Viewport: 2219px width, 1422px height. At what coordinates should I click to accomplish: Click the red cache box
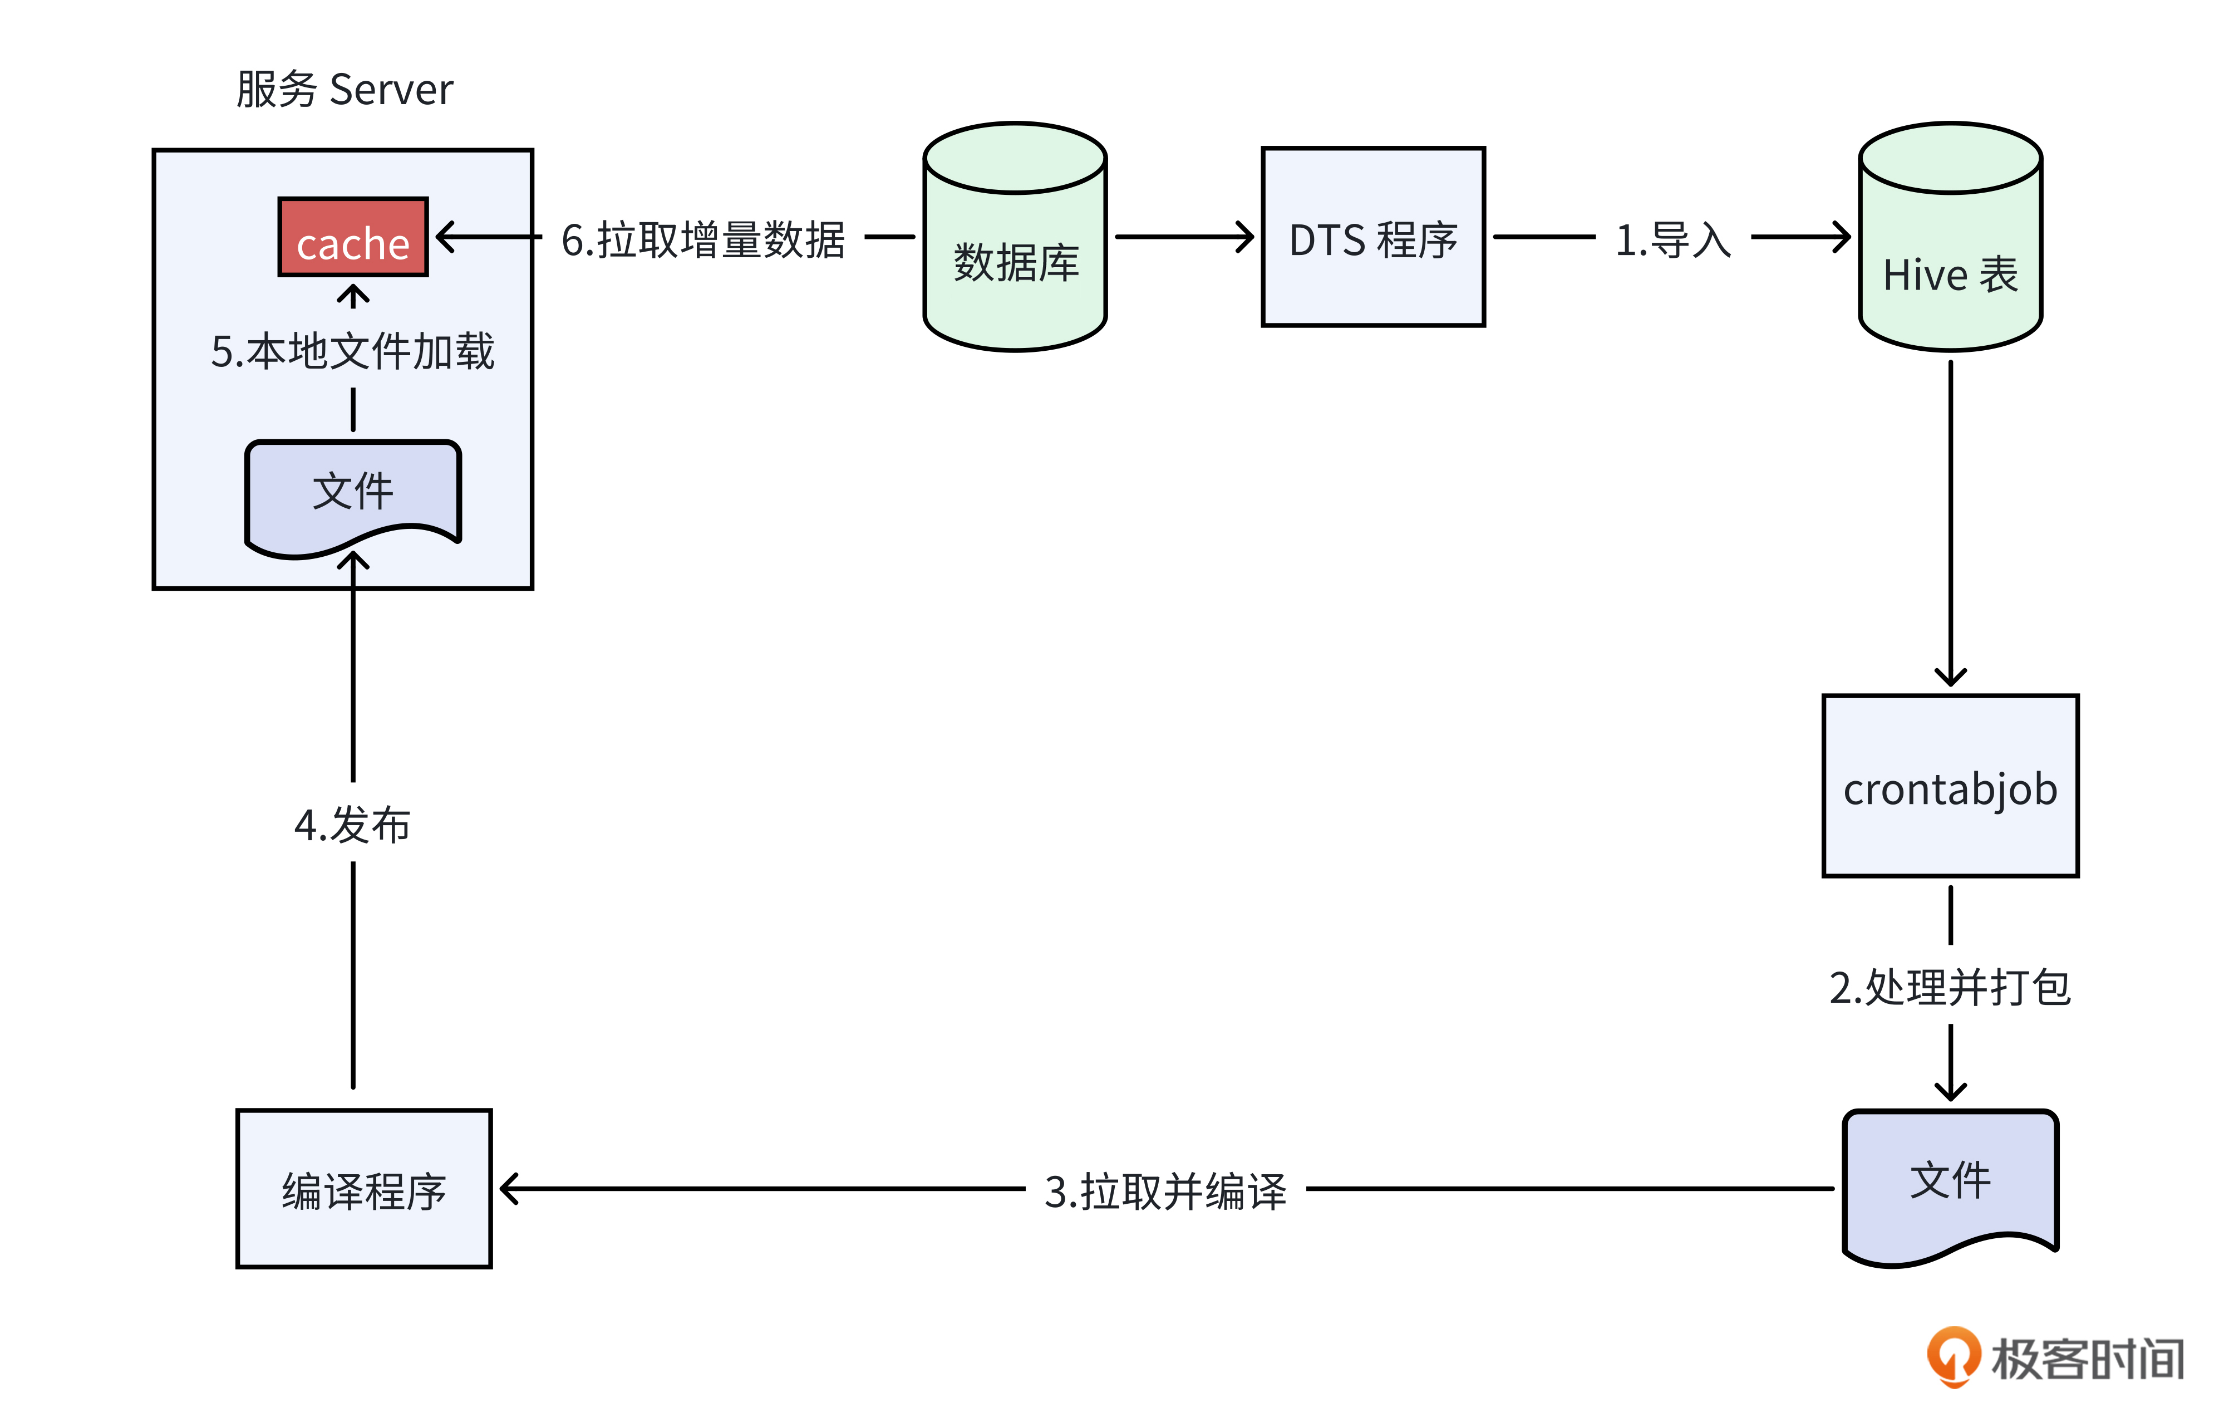[353, 237]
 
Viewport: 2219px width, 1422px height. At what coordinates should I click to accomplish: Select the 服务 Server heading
[345, 90]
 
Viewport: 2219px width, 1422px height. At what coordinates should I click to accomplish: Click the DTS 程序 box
[1372, 237]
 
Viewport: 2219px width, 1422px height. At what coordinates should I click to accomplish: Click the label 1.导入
[1672, 240]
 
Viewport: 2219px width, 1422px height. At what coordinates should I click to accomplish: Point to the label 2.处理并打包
[1950, 987]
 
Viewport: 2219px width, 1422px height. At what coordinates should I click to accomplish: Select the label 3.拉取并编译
[1165, 1191]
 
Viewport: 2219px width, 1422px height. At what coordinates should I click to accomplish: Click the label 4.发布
[353, 825]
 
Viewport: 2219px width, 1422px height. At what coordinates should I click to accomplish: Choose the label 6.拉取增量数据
[703, 240]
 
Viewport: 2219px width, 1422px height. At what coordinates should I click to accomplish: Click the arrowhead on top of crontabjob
[1950, 679]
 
